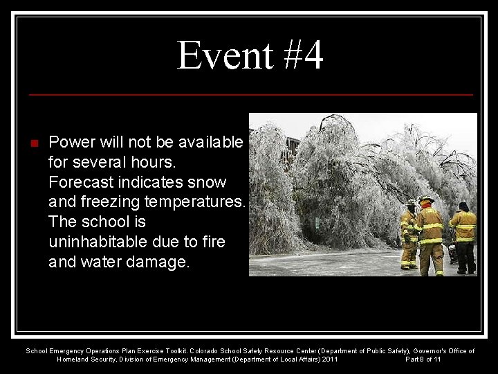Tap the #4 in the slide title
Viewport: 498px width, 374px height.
(302, 56)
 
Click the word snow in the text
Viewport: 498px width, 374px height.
(210, 182)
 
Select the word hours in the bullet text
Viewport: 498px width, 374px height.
(155, 163)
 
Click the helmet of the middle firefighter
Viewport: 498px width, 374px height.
(427, 200)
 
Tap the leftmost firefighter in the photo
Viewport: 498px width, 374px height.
(409, 235)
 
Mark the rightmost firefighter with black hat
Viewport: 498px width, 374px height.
(463, 235)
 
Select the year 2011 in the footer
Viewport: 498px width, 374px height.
(329, 359)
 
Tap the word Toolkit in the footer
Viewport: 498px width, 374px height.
(174, 351)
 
